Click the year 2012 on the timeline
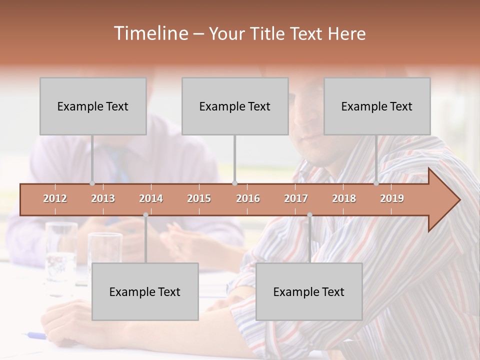55,198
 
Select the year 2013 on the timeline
103,198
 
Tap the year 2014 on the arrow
151,198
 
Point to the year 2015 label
199,198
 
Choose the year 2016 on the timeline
248,198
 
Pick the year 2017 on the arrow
296,198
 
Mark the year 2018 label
344,198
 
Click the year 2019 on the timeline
392,198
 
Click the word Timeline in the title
150,33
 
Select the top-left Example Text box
93,106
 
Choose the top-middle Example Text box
235,106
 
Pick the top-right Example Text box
377,106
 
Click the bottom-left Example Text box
145,291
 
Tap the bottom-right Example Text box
309,291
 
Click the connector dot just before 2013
92,183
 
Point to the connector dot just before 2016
235,183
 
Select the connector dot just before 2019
376,183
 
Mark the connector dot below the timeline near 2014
145,215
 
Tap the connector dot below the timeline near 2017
309,215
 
